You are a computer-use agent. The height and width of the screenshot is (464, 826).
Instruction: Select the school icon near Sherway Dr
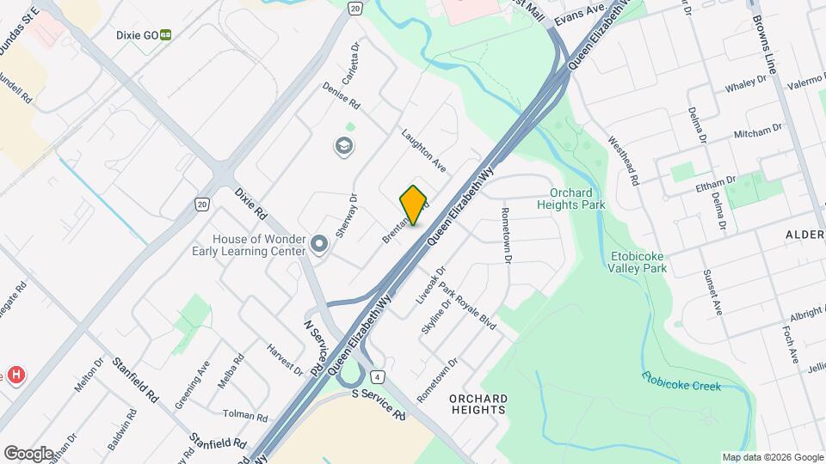coord(344,146)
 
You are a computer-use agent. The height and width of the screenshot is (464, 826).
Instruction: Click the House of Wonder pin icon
coord(319,245)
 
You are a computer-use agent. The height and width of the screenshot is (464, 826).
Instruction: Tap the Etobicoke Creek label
coord(681,381)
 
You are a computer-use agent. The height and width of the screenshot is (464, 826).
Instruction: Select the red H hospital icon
coord(15,375)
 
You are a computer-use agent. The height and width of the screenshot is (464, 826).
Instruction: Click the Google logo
coord(28,452)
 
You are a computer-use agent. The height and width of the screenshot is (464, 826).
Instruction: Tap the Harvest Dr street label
coord(285,360)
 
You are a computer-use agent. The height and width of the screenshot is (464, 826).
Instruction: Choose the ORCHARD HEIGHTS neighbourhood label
coord(478,404)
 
